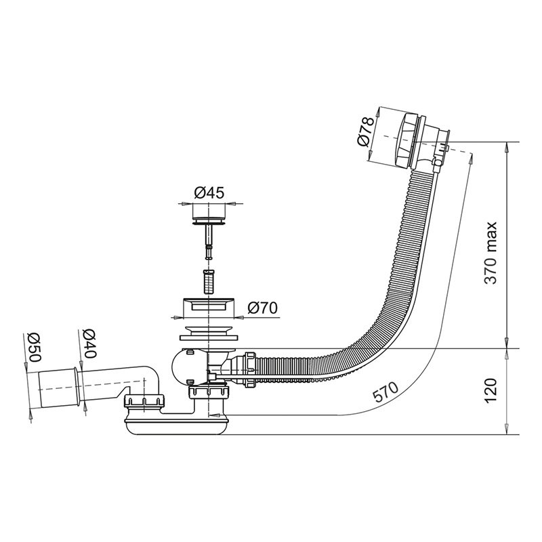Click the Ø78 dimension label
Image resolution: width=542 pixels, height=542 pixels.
(x=366, y=131)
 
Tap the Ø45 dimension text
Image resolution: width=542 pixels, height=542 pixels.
(x=209, y=192)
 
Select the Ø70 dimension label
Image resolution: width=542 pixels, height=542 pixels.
(x=262, y=308)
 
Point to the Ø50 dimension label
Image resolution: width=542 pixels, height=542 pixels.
(x=35, y=348)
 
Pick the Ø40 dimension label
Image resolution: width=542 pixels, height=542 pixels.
(x=90, y=343)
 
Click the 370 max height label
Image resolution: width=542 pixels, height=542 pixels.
(x=490, y=253)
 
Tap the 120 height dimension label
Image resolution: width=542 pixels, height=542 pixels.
(x=490, y=391)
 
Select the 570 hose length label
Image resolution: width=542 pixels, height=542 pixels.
(x=386, y=393)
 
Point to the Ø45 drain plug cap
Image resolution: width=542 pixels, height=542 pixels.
(x=209, y=213)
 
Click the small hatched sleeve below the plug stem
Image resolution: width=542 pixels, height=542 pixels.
(x=209, y=281)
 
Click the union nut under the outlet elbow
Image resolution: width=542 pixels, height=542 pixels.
(x=144, y=401)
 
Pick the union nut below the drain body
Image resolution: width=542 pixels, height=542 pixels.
(x=209, y=393)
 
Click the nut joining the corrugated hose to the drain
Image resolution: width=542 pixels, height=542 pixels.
(x=250, y=369)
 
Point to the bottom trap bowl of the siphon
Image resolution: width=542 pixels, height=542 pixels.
(x=177, y=425)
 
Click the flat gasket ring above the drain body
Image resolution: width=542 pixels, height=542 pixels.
(x=209, y=337)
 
